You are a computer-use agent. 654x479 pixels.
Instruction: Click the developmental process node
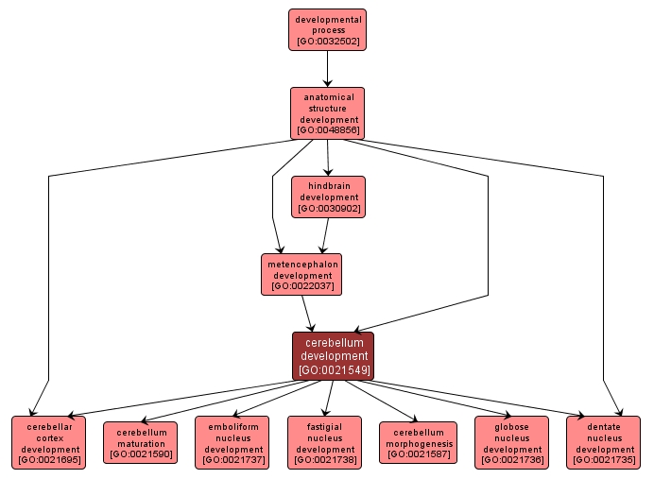pyautogui.click(x=327, y=30)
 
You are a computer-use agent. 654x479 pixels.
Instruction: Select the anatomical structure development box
pyautogui.click(x=328, y=113)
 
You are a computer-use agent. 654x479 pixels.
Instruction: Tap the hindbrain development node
pyautogui.click(x=328, y=197)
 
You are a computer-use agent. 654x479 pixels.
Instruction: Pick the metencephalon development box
pyautogui.click(x=301, y=274)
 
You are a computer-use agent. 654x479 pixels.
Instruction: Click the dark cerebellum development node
pyautogui.click(x=333, y=356)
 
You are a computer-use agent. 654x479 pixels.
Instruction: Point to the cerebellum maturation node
pyautogui.click(x=140, y=443)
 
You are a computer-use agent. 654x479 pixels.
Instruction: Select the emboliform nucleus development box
pyautogui.click(x=232, y=442)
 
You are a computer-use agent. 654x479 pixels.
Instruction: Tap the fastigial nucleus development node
pyautogui.click(x=324, y=442)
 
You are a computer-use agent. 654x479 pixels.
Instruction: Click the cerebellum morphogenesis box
pyautogui.click(x=417, y=443)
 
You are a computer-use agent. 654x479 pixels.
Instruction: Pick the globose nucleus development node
pyautogui.click(x=510, y=442)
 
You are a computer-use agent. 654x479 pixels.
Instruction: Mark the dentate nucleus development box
pyautogui.click(x=603, y=442)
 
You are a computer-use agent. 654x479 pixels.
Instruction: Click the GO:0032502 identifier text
pyautogui.click(x=327, y=43)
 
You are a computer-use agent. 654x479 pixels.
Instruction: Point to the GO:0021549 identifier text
pyautogui.click(x=333, y=370)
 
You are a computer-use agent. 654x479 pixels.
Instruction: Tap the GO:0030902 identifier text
pyautogui.click(x=328, y=209)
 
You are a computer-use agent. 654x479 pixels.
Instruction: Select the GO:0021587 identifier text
pyautogui.click(x=417, y=455)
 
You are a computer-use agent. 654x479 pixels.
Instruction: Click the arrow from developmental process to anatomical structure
pyautogui.click(x=327, y=68)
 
